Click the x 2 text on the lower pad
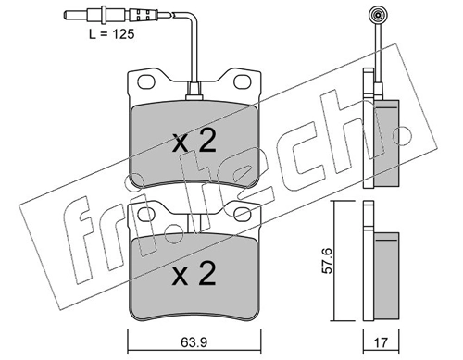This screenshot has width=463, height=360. pyautogui.click(x=194, y=275)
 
